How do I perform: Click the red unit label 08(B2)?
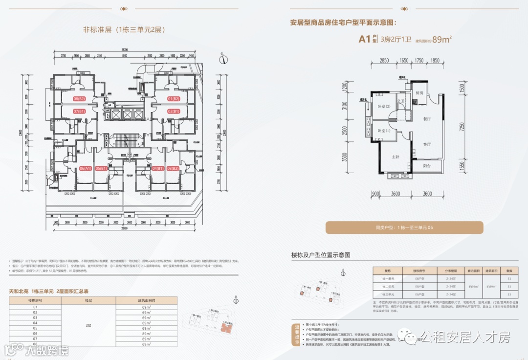coord(79,99)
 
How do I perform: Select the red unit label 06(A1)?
coord(85,168)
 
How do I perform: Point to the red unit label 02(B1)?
coord(174,112)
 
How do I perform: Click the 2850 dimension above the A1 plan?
coord(384,60)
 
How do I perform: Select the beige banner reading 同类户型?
coord(404,227)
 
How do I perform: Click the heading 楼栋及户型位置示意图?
coord(321,255)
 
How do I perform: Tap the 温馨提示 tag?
coord(296,335)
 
